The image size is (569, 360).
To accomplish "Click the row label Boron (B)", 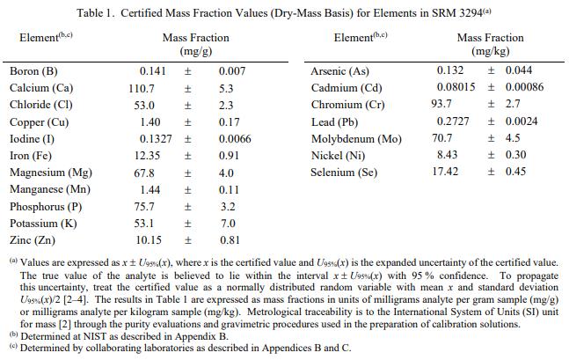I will point(34,71).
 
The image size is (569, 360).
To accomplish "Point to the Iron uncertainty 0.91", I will point(229,155).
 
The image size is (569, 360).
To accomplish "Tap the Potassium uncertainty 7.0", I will point(226,223).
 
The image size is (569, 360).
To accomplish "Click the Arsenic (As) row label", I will point(340,71).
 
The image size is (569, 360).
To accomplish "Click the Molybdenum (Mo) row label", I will point(356,138).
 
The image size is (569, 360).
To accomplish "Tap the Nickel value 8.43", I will point(448,155).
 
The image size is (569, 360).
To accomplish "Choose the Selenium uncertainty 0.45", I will point(514,172).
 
